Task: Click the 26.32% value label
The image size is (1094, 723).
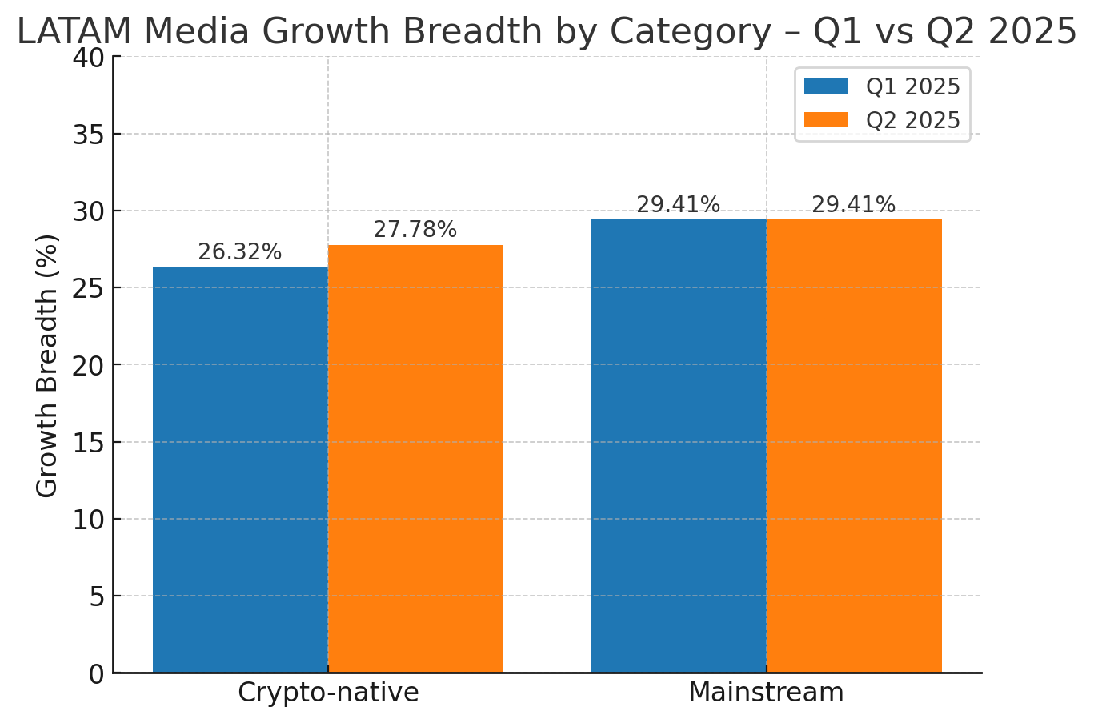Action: (239, 252)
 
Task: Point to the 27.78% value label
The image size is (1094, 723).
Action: (415, 230)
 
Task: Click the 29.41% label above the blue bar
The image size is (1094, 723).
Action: (678, 205)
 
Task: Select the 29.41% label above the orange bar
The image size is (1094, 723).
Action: (853, 205)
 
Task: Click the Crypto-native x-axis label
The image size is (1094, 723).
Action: (328, 693)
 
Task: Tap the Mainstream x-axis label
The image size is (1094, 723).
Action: (766, 693)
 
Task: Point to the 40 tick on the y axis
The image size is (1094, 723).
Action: (88, 58)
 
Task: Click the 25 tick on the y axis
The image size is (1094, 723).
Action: (88, 288)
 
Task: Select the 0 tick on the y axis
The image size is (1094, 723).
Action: (96, 674)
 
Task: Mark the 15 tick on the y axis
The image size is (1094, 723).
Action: (88, 443)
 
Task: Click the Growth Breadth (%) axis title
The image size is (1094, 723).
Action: (47, 365)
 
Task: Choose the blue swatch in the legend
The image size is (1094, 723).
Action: (826, 86)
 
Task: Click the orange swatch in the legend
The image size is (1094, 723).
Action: (826, 120)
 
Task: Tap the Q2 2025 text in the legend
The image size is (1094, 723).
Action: (912, 120)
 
